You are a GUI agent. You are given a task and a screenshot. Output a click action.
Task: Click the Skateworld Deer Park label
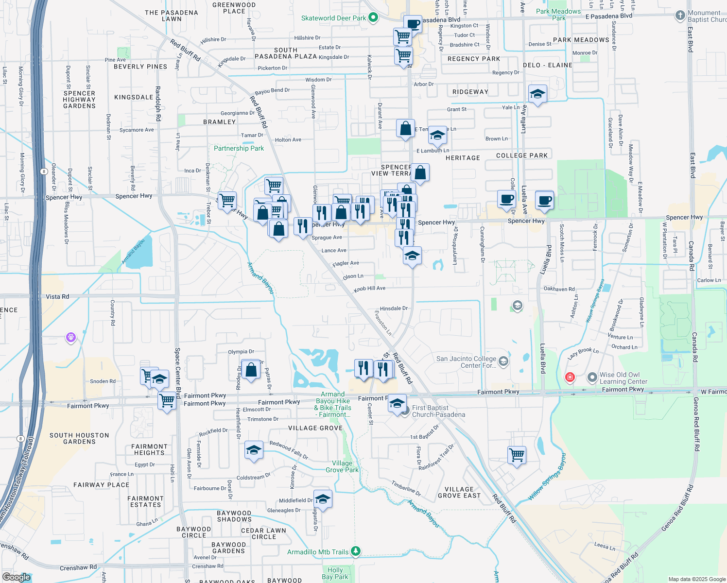click(x=333, y=18)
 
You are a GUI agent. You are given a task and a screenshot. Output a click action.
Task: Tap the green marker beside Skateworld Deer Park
click(x=373, y=17)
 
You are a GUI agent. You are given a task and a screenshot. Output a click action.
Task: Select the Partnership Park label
click(x=239, y=148)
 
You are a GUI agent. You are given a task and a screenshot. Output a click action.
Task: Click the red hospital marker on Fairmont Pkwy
click(x=570, y=377)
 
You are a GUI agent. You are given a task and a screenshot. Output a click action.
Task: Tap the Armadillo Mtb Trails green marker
click(x=356, y=551)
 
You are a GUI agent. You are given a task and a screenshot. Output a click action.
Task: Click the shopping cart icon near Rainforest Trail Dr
click(x=517, y=455)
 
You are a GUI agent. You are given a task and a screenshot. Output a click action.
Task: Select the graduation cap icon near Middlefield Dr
click(x=323, y=499)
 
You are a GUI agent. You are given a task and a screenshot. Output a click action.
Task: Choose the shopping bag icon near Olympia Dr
click(x=251, y=370)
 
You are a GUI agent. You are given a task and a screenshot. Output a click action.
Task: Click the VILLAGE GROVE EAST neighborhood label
click(x=459, y=493)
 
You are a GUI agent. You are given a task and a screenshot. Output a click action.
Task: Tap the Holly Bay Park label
click(x=335, y=573)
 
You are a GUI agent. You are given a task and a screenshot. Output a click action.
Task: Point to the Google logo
click(x=17, y=577)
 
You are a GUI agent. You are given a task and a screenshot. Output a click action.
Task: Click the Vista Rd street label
click(x=57, y=296)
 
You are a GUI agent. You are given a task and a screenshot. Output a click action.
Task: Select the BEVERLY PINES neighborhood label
click(x=140, y=67)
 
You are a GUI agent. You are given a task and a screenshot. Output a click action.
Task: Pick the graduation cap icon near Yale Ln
click(x=537, y=94)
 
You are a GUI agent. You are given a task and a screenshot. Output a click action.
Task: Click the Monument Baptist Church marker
click(x=680, y=15)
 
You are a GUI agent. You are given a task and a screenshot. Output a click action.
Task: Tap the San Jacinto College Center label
click(x=466, y=362)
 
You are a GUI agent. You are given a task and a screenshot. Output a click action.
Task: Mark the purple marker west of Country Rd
click(x=71, y=337)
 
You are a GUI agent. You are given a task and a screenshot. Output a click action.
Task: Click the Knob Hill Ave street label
click(x=369, y=289)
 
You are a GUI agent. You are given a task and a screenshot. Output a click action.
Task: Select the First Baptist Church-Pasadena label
click(x=438, y=411)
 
